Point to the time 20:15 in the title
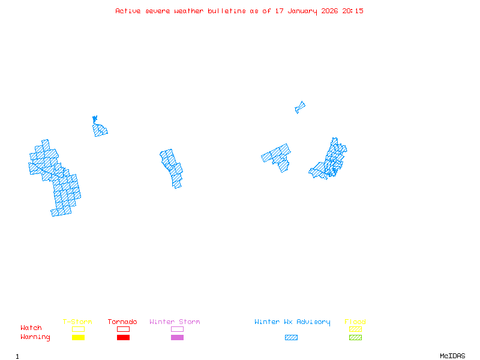point(353,11)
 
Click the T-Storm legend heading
point(77,322)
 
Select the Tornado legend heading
point(122,322)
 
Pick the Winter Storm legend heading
point(175,322)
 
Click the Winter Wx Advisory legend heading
point(292,322)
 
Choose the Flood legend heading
point(355,322)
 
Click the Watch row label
point(31,328)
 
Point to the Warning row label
point(35,337)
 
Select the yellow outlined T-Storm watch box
point(78,329)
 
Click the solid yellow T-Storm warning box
point(78,338)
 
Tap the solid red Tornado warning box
point(123,338)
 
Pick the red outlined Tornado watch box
point(123,329)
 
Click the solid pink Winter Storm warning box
point(177,338)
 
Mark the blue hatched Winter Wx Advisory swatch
point(291,338)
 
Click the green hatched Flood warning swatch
point(355,338)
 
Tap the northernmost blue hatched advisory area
point(300,107)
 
